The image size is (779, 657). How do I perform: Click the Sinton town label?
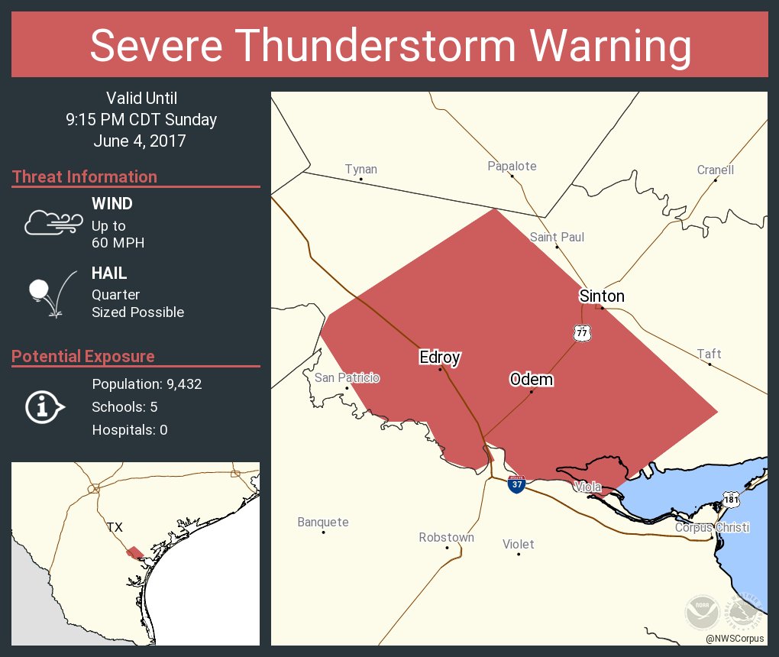click(x=602, y=296)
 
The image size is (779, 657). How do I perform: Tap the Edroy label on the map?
click(x=440, y=357)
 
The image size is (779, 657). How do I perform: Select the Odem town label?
click(x=531, y=380)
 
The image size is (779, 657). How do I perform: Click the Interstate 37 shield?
click(x=517, y=483)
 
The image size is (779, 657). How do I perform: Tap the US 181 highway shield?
click(x=731, y=499)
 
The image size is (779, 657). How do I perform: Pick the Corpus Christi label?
click(x=712, y=528)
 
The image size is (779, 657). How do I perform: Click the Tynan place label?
click(x=360, y=170)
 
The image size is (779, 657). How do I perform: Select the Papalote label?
click(x=512, y=166)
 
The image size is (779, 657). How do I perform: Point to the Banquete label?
click(x=323, y=523)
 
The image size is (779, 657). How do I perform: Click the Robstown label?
click(x=446, y=538)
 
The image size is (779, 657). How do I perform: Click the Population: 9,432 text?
click(x=147, y=384)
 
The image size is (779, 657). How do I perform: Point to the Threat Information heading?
click(x=85, y=177)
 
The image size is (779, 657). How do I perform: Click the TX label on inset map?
click(x=115, y=527)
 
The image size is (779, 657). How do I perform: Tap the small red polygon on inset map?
click(x=135, y=552)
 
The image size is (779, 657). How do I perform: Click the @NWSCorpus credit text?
click(x=735, y=638)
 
